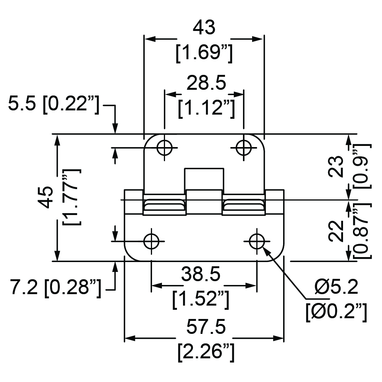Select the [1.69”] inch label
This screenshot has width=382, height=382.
point(204,53)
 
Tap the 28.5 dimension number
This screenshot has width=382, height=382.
point(206,83)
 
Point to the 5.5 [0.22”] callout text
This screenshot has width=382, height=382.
point(53,104)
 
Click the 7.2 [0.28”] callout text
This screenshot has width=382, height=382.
point(55,288)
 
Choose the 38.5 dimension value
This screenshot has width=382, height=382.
point(201,274)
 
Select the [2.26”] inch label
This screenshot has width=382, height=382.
point(206,352)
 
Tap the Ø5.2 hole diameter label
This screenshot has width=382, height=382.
point(336,287)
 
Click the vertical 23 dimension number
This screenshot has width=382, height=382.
point(336,167)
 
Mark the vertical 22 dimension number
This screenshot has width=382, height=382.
point(336,231)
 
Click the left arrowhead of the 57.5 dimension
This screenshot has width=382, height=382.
point(129,338)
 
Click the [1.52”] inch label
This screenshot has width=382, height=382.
point(201,299)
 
